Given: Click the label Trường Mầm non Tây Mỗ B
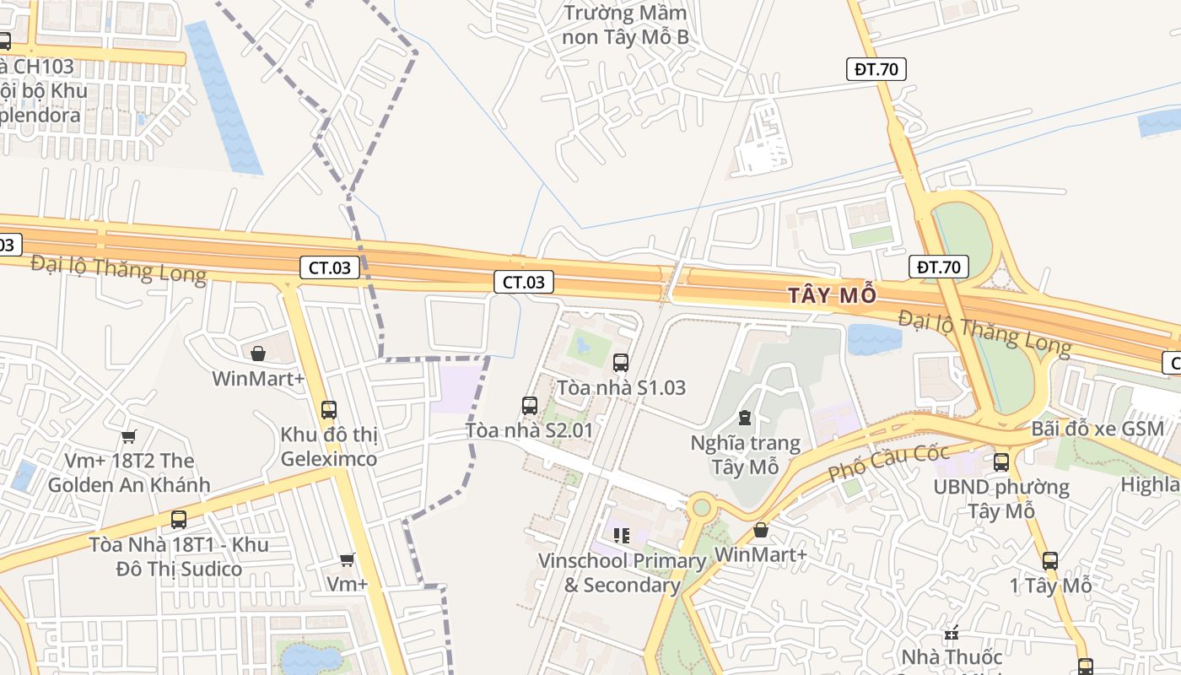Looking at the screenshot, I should point(626,25).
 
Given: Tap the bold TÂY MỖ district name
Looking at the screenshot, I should point(832,295).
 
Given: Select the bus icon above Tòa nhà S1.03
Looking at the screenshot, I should point(621,363).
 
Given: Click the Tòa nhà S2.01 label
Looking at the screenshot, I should point(529,430).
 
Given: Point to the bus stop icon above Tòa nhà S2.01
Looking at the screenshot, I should point(530,406).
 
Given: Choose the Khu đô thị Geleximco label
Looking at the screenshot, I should point(329,447).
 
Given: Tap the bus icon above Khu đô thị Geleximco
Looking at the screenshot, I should point(329,410).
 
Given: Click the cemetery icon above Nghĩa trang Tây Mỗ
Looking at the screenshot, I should point(745,417).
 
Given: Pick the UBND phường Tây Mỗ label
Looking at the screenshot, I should point(1000,499).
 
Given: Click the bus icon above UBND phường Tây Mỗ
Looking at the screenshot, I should point(1001,462).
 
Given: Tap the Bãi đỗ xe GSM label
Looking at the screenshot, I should point(1097,429).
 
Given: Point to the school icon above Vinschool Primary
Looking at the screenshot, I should point(622,535).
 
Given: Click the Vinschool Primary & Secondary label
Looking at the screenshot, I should point(623,573).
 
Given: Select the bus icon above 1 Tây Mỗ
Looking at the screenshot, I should point(1050,561).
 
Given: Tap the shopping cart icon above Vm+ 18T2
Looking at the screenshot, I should point(128,436).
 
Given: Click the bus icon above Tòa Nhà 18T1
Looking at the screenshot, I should point(179,520).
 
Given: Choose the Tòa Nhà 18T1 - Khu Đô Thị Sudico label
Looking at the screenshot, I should point(179,557).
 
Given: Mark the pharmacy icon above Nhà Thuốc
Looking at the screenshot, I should point(952,631).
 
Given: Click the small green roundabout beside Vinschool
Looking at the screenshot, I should point(700,507).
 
